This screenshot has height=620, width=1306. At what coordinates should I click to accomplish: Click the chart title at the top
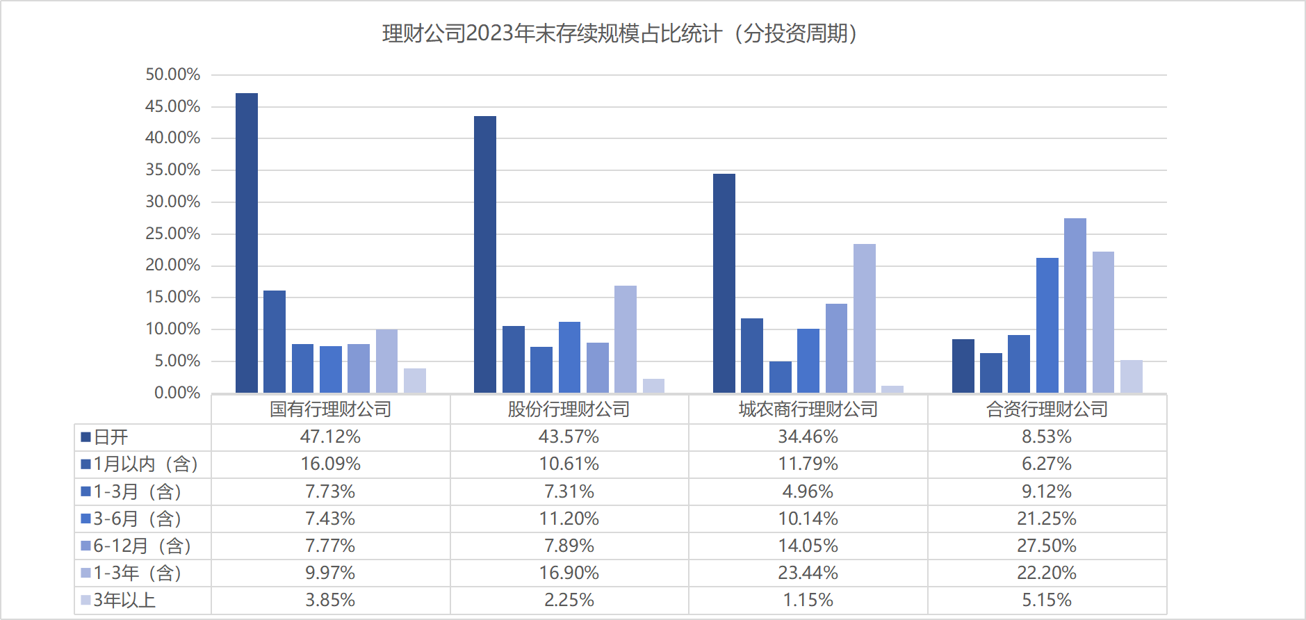tap(621, 33)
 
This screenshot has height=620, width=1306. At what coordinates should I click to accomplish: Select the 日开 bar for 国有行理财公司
tap(247, 243)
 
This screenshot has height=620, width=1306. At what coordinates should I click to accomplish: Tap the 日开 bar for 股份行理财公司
tap(485, 254)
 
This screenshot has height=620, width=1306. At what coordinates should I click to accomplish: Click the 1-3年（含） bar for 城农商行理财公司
tap(865, 318)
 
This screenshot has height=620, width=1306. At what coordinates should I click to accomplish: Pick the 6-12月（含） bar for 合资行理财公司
tap(1075, 306)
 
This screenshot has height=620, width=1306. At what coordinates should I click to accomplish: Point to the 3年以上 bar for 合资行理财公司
tap(1131, 377)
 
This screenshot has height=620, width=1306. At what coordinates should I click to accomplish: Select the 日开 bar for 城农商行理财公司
tap(724, 284)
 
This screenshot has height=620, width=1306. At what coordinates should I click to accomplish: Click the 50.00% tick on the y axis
tap(172, 74)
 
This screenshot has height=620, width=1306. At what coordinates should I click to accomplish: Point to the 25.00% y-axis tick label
tap(172, 234)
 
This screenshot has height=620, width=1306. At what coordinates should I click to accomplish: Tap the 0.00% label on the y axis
tap(177, 393)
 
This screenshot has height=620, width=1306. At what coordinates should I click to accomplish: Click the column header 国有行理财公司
tap(330, 409)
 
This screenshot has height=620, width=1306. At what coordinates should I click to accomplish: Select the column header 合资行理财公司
tap(1047, 409)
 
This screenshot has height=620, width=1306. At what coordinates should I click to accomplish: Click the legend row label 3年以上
tap(124, 600)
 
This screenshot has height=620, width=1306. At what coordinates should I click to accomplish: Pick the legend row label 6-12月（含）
tap(142, 546)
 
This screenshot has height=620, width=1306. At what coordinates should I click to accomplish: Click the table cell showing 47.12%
tap(330, 437)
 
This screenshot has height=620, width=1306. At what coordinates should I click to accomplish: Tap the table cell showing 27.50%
tap(1047, 546)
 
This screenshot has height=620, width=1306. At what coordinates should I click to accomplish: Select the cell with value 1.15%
tap(808, 600)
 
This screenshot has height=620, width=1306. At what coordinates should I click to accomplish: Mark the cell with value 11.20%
tap(569, 519)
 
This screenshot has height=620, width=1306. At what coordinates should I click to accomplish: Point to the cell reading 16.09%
tap(330, 464)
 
